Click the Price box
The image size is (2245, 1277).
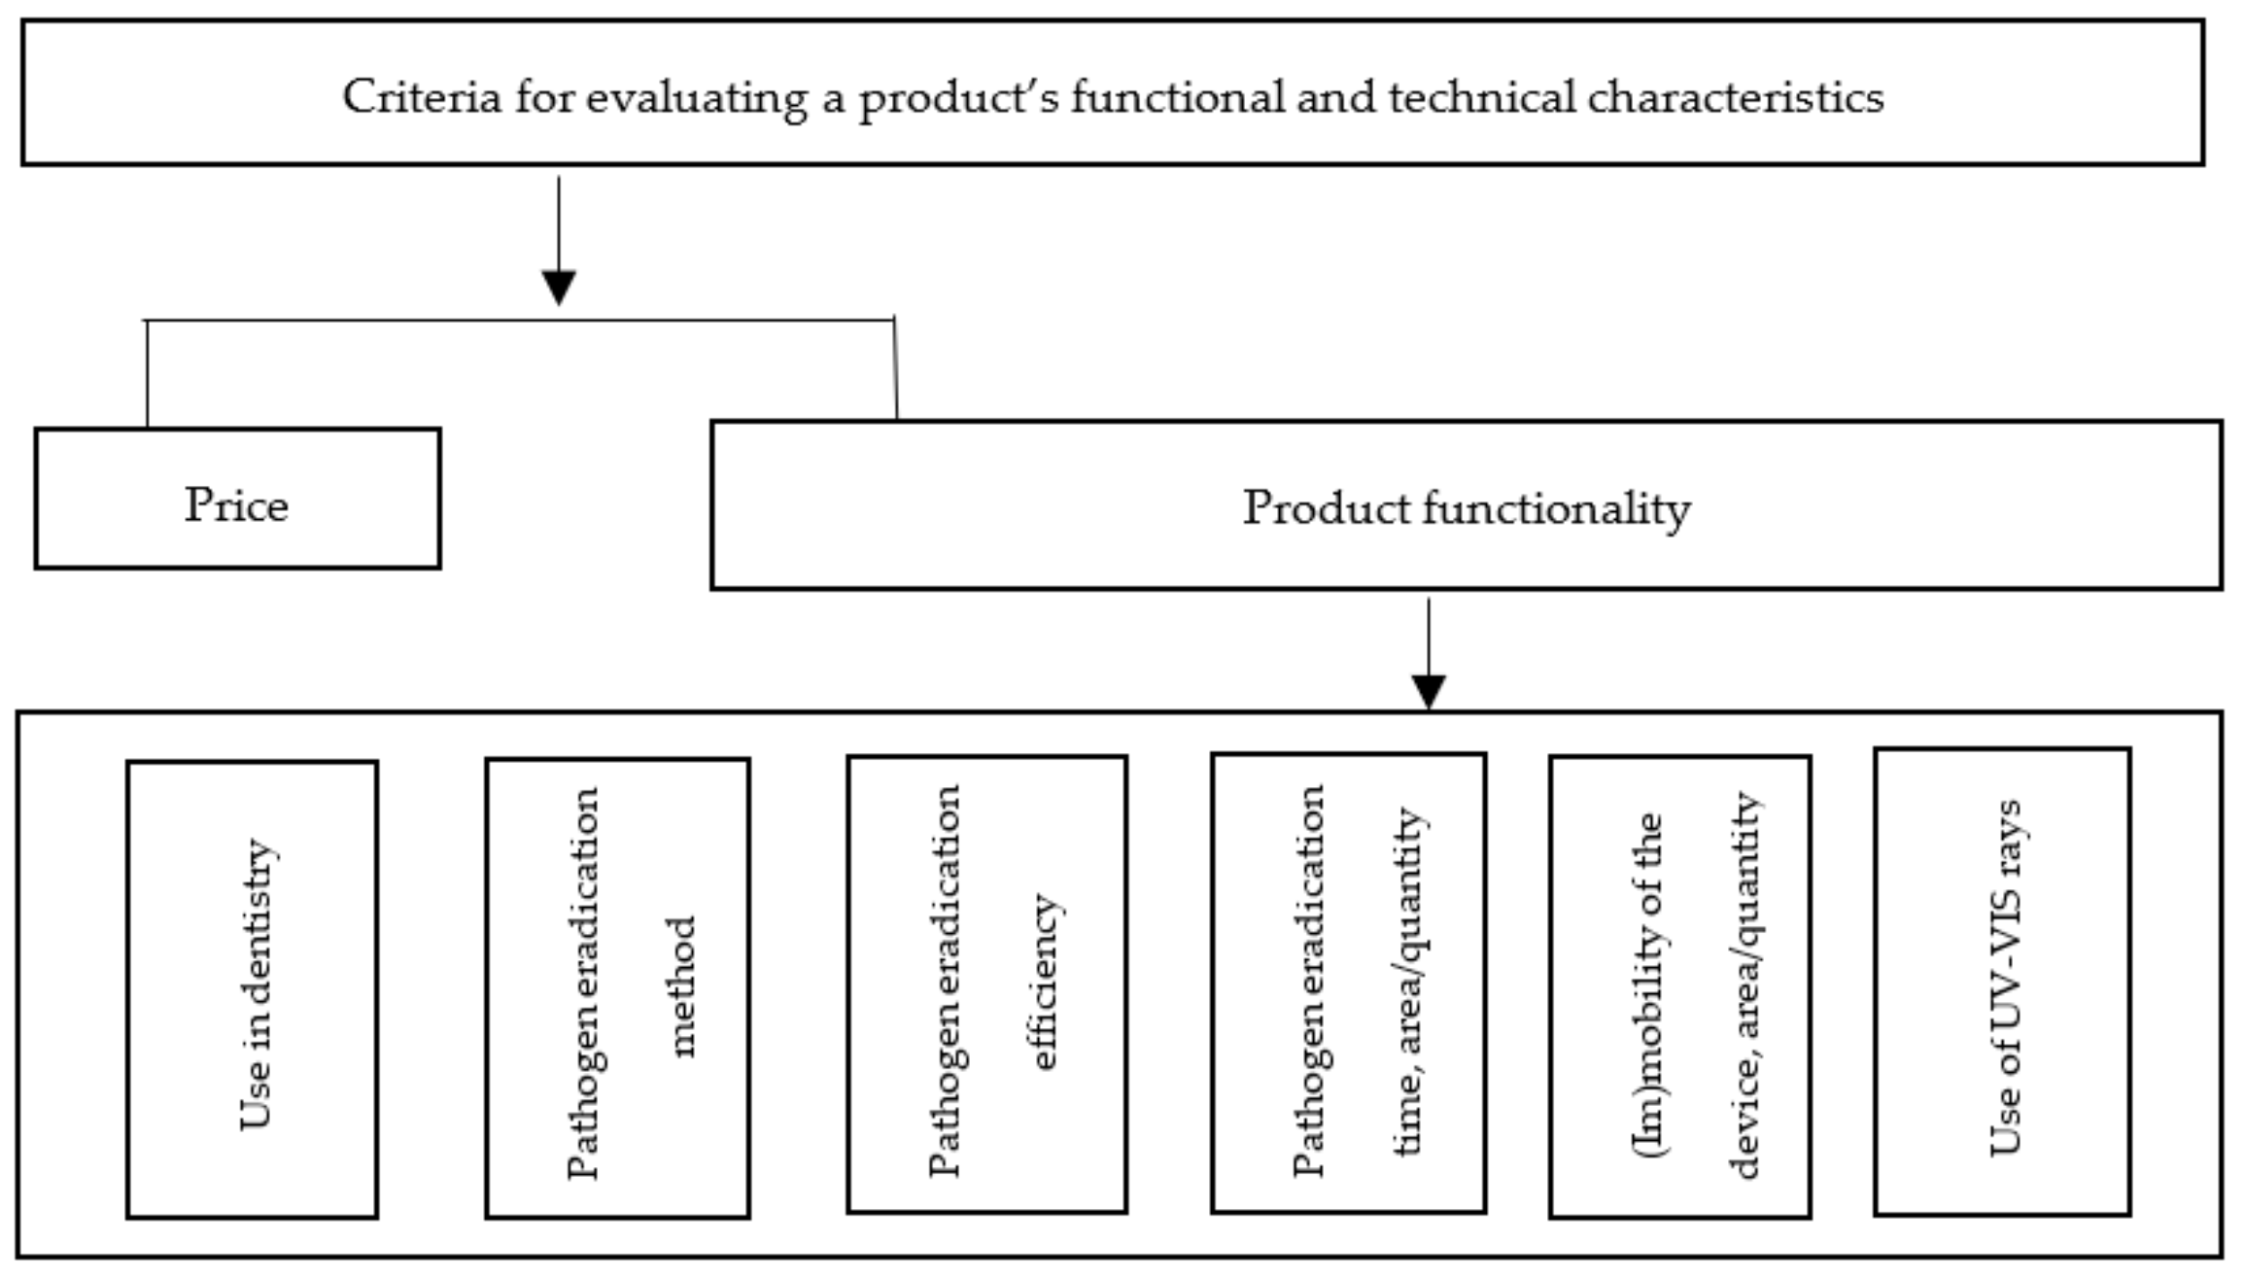(x=237, y=499)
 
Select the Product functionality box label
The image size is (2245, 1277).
(x=1466, y=508)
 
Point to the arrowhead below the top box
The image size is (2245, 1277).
(x=559, y=288)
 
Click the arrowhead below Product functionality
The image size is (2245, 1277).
(x=1428, y=691)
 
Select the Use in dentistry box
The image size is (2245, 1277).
(x=253, y=987)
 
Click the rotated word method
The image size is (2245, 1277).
(x=684, y=985)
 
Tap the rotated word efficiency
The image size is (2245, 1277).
(x=1044, y=982)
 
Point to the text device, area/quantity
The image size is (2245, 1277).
(x=1745, y=985)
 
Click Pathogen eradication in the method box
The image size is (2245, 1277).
(x=583, y=984)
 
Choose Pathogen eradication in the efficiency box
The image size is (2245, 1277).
(x=945, y=982)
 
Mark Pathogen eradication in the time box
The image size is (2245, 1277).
(x=1308, y=982)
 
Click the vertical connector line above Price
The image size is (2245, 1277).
(x=147, y=374)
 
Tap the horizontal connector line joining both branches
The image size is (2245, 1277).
(x=520, y=320)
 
